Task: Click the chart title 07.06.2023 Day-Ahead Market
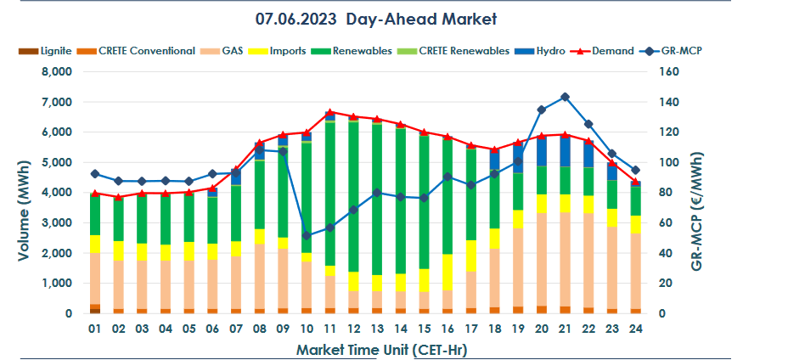pos(375,18)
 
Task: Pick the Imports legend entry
pos(288,51)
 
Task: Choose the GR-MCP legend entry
pos(683,51)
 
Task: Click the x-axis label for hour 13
pos(377,329)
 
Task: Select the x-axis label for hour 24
pos(635,329)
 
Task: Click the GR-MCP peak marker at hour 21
pos(565,98)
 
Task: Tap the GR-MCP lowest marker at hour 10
pos(307,235)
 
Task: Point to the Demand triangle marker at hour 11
pos(329,112)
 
